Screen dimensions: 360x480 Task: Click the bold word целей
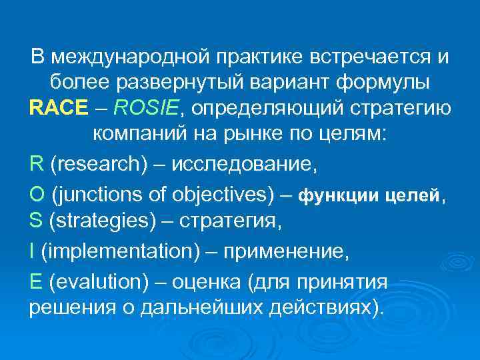click(414, 197)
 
